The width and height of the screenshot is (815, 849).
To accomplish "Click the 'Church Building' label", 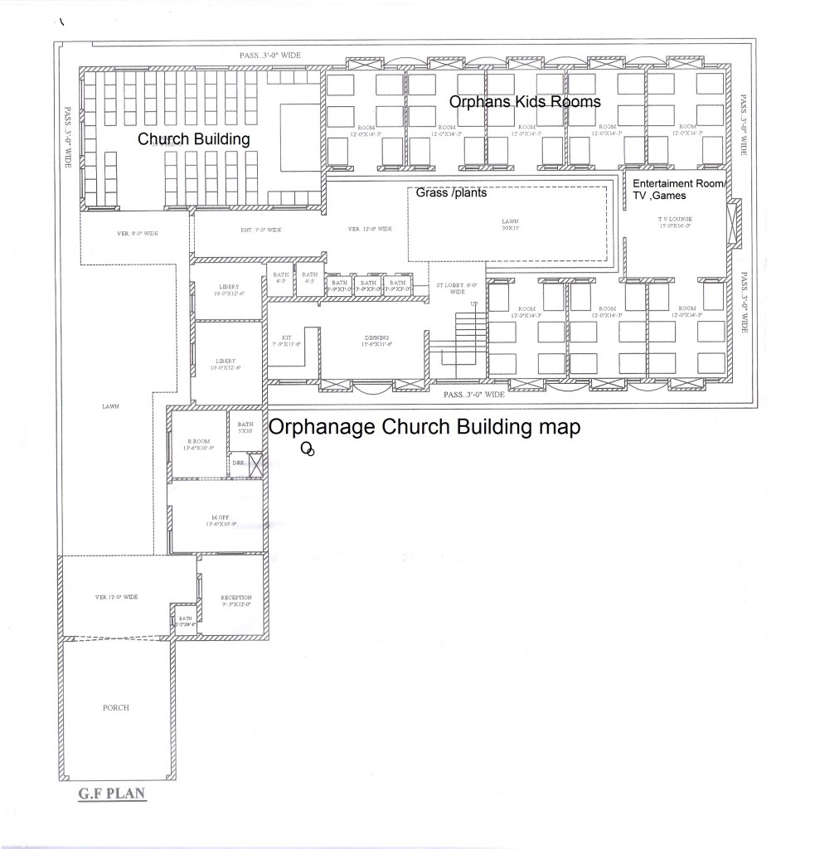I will [193, 139].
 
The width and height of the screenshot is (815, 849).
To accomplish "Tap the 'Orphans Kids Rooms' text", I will [524, 101].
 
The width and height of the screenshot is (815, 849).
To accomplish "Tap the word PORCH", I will [116, 707].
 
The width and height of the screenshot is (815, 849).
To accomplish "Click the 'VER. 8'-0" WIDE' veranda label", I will [138, 234].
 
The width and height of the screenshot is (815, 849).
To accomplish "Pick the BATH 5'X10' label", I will [245, 428].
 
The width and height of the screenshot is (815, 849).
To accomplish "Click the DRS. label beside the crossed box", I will [237, 463].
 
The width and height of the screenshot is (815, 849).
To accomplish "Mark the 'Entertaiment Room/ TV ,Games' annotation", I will [677, 188].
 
